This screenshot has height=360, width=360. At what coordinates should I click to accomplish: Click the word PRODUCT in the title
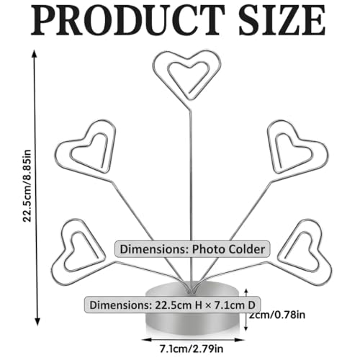(x=128, y=21)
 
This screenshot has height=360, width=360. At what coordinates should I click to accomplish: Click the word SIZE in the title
(x=282, y=21)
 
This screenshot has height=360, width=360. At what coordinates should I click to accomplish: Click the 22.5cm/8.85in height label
(x=27, y=186)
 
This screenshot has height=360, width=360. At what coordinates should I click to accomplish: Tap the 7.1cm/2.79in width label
(x=192, y=348)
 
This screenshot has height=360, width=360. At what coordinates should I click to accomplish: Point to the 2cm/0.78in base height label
(x=277, y=315)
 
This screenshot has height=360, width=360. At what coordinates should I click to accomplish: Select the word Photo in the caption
(x=208, y=250)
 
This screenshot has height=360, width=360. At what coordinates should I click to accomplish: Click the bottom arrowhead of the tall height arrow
(x=37, y=322)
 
